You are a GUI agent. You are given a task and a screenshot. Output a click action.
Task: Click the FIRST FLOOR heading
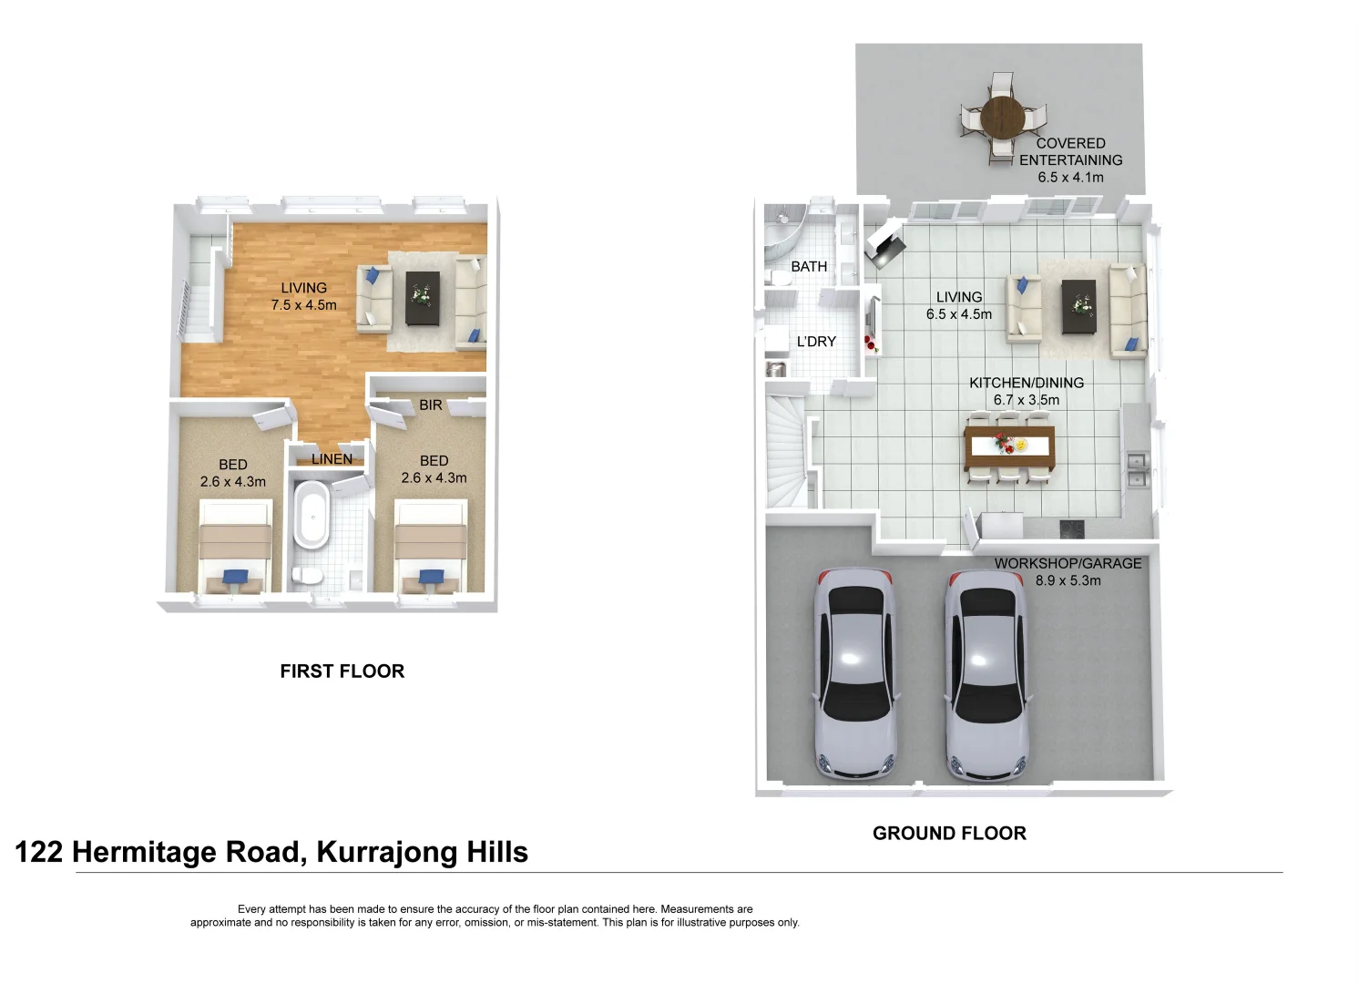[x=342, y=671]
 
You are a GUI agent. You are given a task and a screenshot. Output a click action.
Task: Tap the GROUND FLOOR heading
[x=949, y=834]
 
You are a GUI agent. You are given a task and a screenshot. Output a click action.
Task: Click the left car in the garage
[x=854, y=674]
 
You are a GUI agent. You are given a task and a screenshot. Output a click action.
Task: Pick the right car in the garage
[x=987, y=674]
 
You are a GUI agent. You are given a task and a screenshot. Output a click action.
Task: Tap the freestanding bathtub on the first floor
[x=312, y=516]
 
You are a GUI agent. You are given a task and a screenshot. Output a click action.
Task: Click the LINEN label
[x=332, y=459]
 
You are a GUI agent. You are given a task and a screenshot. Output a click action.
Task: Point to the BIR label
[x=431, y=405]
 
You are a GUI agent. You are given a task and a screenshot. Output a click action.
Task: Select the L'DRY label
[x=816, y=342]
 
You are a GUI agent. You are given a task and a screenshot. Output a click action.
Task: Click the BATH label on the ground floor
[x=809, y=267]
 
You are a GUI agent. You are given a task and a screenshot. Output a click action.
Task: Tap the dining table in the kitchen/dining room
[x=1008, y=446]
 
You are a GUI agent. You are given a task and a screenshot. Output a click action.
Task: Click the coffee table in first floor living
[x=423, y=298]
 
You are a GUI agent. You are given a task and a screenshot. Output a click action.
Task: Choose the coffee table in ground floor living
[x=1082, y=307]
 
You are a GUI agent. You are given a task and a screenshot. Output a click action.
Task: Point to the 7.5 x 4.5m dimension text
[x=303, y=305]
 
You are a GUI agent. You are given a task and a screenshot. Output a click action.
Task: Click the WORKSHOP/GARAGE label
[x=1068, y=564]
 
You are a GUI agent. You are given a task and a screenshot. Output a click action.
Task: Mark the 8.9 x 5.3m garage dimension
[x=1068, y=580]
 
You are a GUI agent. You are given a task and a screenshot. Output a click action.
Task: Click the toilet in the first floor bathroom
[x=306, y=575]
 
